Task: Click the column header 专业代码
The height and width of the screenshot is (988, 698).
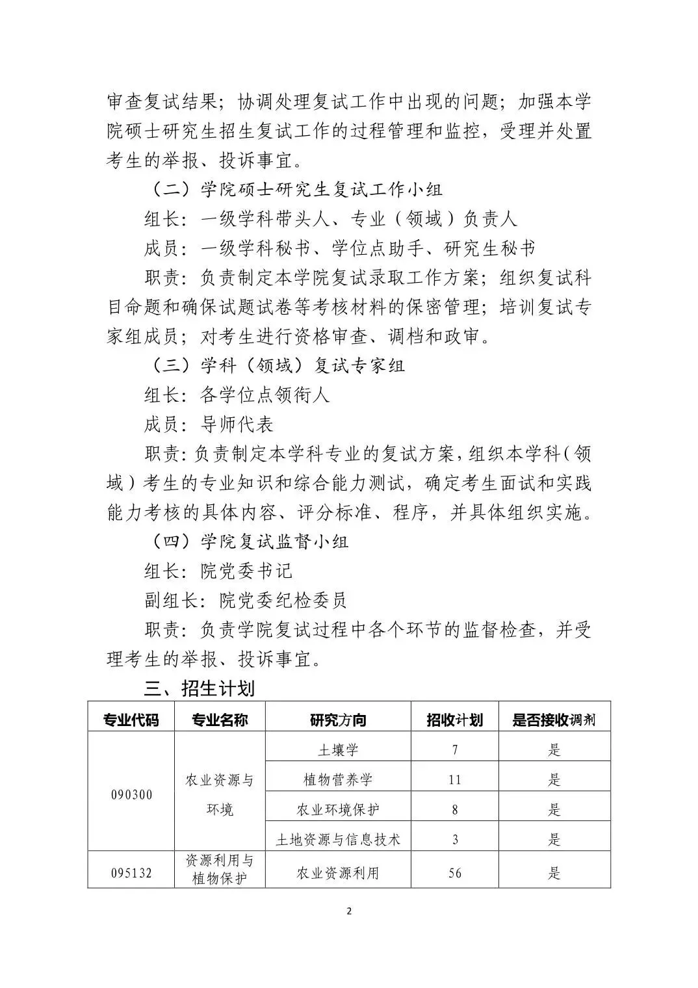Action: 131,720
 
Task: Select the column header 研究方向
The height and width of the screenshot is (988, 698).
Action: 338,720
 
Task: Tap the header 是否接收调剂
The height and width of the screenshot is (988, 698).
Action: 554,720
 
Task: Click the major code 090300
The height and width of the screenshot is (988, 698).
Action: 131,794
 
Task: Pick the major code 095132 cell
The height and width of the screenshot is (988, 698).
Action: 131,872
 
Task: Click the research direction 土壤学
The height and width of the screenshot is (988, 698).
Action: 338,749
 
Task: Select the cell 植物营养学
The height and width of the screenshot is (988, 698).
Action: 338,779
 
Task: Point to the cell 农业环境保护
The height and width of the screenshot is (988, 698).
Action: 338,809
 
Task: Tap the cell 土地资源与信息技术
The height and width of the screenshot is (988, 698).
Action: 338,839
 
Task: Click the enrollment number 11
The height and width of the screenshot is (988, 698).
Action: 454,779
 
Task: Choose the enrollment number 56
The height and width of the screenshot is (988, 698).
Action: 454,872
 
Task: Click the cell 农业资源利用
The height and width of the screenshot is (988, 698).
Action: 338,872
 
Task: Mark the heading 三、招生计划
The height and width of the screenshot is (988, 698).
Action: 199,688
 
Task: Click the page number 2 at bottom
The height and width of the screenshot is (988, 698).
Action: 349,911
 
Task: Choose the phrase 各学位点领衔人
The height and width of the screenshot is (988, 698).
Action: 265,395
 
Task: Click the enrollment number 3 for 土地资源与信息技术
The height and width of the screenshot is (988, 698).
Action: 454,839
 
